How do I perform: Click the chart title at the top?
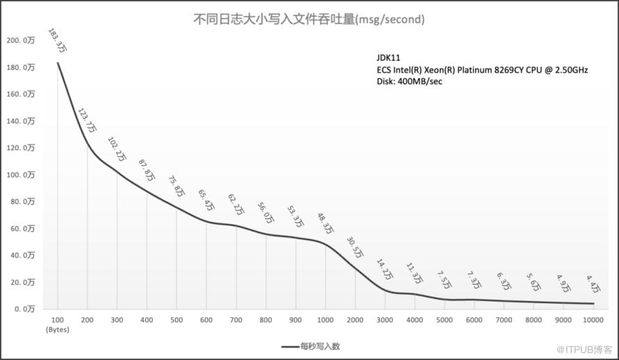(x=309, y=19)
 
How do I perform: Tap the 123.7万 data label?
(x=88, y=120)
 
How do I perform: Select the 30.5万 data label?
(x=355, y=247)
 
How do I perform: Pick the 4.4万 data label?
(x=593, y=284)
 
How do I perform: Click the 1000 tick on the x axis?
(x=325, y=320)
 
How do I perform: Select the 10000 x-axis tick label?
(x=593, y=320)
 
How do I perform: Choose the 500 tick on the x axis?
(x=177, y=320)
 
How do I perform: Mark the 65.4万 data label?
(x=207, y=201)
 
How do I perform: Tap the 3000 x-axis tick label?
(x=385, y=320)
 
